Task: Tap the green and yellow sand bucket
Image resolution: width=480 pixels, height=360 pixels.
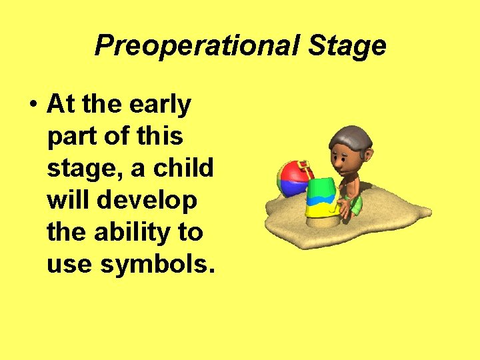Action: (x=321, y=198)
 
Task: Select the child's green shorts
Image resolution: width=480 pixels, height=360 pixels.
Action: (x=355, y=205)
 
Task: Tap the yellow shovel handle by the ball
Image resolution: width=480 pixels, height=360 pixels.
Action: (x=306, y=167)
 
